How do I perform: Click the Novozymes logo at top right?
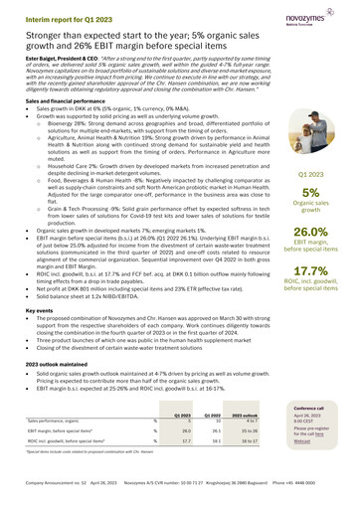click(328, 15)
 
